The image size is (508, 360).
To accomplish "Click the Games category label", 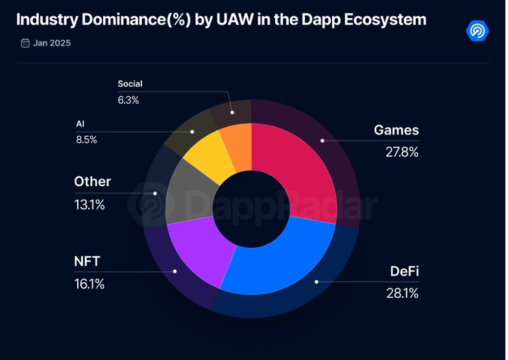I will (x=396, y=130).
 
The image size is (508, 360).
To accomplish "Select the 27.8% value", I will (x=401, y=152).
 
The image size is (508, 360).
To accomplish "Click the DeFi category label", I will (x=404, y=271).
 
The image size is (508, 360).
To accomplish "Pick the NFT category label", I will (x=88, y=262).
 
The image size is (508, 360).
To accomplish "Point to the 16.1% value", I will (x=90, y=284).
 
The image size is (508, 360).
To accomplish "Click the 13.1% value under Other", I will (x=90, y=205).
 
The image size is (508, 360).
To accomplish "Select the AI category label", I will (x=80, y=123).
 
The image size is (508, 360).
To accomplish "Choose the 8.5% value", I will (x=86, y=139).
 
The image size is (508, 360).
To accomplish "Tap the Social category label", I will (x=130, y=84).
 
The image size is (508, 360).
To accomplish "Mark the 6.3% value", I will (x=128, y=100).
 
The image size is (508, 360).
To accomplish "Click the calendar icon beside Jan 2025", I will (x=25, y=43).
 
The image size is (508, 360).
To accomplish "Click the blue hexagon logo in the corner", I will (x=478, y=30).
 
